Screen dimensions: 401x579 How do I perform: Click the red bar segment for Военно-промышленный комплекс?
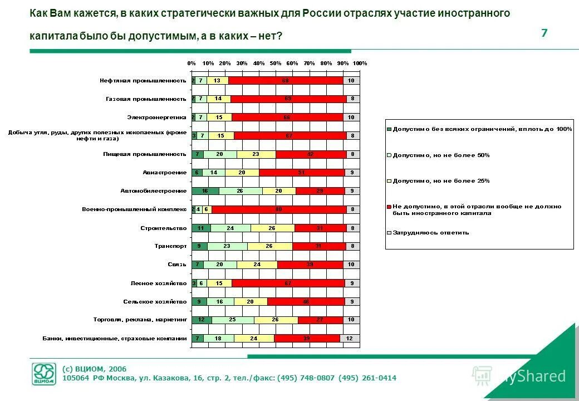278,209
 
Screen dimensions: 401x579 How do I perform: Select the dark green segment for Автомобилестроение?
205,191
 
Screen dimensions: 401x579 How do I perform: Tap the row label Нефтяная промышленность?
143,81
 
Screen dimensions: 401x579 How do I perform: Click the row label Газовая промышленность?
146,99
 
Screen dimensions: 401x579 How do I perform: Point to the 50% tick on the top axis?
276,63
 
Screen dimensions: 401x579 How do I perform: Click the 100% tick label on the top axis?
360,63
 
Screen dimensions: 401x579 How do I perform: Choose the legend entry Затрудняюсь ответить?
430,233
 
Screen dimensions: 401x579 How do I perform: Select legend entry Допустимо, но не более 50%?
441,155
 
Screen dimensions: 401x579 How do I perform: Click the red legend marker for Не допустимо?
389,207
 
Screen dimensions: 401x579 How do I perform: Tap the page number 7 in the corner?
544,33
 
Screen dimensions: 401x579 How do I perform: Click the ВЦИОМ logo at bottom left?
43,374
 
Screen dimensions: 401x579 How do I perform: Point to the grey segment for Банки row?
350,338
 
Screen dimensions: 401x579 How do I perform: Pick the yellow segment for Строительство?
272,228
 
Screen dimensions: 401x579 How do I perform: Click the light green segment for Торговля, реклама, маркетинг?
233,320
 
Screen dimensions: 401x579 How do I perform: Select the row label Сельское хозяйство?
155,301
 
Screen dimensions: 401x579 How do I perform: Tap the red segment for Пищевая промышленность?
311,154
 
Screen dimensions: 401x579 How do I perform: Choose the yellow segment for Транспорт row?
269,246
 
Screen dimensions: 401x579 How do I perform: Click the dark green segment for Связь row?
198,265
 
